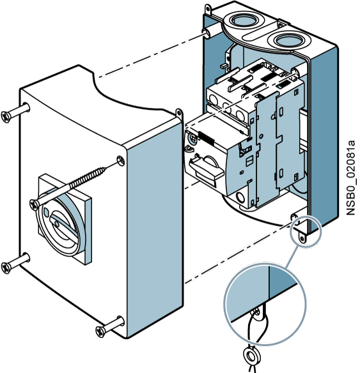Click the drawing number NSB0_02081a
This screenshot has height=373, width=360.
(x=351, y=178)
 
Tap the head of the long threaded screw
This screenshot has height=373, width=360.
(x=35, y=204)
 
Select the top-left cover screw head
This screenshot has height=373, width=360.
(x=6, y=116)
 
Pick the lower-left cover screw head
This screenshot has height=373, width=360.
(x=6, y=268)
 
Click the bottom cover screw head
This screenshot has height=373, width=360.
(x=100, y=331)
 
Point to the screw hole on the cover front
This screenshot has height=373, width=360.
(x=121, y=160)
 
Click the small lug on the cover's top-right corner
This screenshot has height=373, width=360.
(x=179, y=114)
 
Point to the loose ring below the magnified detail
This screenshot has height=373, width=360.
(x=251, y=356)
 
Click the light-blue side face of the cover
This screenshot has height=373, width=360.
(x=155, y=229)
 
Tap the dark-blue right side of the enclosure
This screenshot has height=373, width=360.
(x=324, y=141)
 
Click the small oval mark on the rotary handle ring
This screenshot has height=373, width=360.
(x=46, y=211)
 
